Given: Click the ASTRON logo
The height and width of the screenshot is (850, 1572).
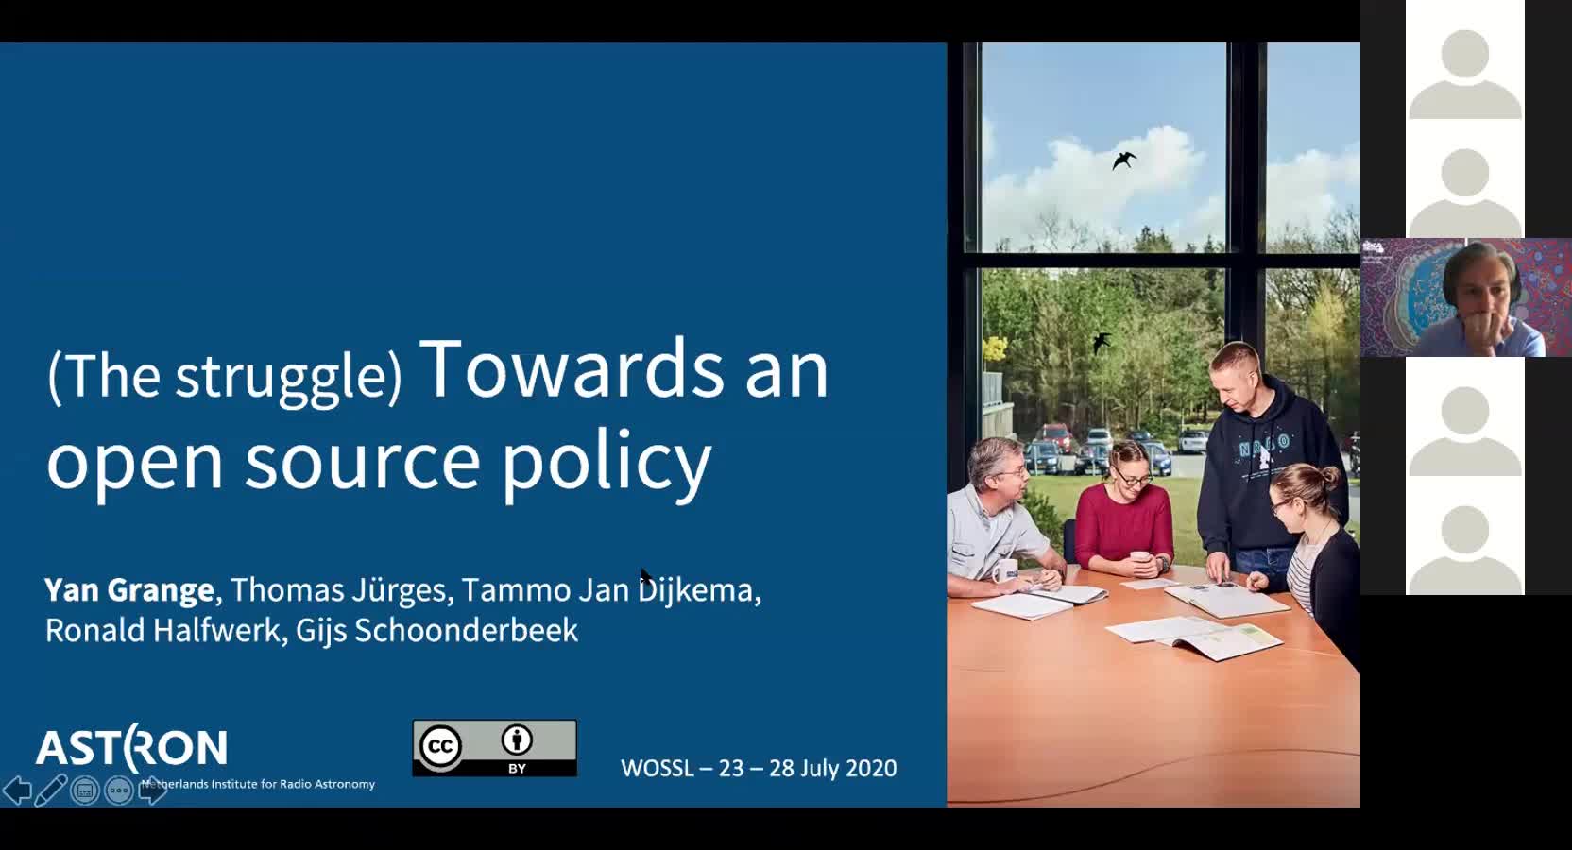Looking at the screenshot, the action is tap(132, 746).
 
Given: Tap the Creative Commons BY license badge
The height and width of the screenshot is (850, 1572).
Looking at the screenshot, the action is tap(495, 748).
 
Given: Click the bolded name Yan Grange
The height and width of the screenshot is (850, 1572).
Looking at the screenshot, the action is tap(129, 590).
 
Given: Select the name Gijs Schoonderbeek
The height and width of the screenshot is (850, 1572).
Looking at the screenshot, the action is tap(436, 630).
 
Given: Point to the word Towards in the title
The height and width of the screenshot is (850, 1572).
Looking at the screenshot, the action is tap(572, 369).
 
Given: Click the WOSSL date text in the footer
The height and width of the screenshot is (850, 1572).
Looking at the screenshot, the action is tap(759, 768).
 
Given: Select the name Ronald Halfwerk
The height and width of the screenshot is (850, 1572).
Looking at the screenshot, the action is tap(162, 630).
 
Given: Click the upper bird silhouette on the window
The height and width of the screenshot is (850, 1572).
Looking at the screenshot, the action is tap(1123, 161).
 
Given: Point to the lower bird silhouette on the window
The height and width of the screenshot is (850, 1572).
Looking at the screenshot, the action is tap(1102, 342).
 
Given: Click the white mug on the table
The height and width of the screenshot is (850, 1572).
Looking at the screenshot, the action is tap(1005, 570).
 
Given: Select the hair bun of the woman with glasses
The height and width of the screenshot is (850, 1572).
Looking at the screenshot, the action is tap(1328, 478).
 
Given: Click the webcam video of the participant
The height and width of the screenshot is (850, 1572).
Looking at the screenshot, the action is tap(1466, 297).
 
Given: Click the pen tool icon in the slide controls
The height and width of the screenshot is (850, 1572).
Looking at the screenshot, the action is tap(50, 790).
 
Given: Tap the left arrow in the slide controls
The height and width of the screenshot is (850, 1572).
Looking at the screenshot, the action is tap(17, 790).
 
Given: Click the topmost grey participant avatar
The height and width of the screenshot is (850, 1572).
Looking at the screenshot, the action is tap(1465, 74).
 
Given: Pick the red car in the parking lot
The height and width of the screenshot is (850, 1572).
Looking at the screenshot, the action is tap(1055, 437).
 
